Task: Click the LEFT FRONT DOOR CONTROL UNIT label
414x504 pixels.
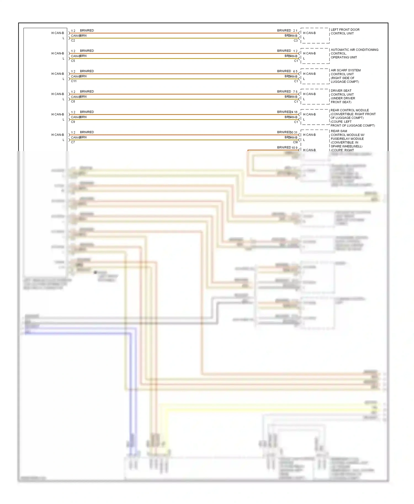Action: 345,31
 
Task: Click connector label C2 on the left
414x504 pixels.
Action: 73,41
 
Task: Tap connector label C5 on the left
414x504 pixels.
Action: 73,61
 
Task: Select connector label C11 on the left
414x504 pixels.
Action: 74,81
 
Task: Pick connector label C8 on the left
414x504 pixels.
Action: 73,101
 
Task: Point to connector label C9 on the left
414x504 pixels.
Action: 73,122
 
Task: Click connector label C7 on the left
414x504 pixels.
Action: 73,142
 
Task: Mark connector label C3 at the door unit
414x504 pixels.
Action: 296,41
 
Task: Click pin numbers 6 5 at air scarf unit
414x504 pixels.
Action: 295,71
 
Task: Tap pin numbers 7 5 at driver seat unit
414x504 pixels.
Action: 295,92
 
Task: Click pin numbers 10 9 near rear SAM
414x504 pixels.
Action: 294,148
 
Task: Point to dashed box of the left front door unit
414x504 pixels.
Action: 315,36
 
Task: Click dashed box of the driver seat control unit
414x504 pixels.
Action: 315,96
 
